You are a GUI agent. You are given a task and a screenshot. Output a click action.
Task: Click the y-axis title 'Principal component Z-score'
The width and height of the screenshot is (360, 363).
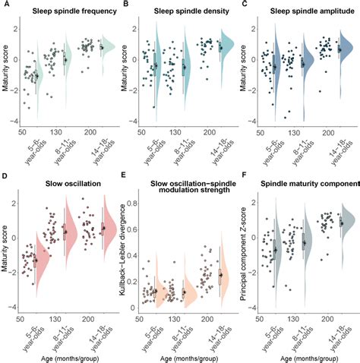click(x=244, y=251)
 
